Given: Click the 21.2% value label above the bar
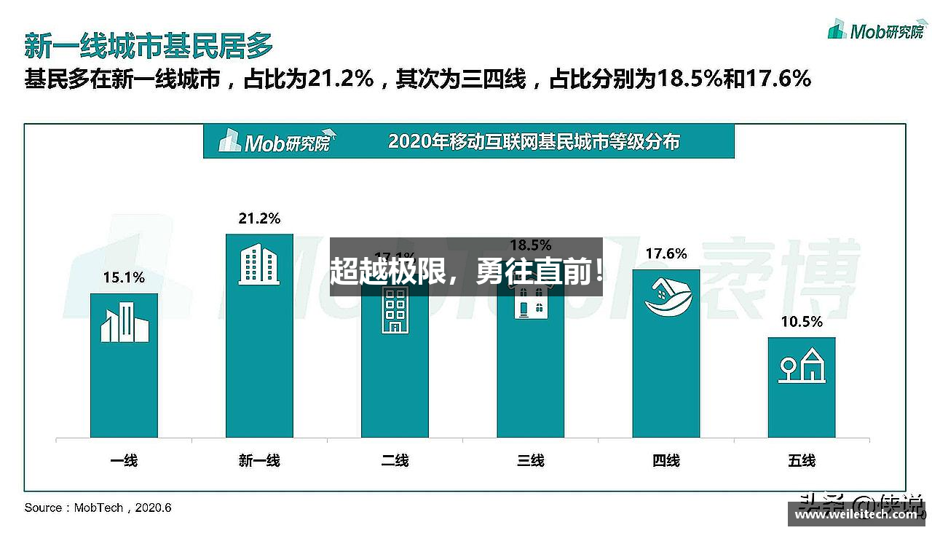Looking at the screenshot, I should point(259,218).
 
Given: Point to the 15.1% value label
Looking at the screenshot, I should point(124,277).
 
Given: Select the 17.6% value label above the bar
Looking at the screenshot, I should point(666,253).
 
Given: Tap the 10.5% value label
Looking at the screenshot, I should point(801,322).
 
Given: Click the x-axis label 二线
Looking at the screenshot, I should point(395,460).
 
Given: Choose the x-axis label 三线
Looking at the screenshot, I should point(530,460).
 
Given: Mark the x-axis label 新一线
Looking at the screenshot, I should point(259,460).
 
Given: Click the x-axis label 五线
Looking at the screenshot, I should point(801,460).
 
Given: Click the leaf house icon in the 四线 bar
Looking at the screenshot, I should point(666,299).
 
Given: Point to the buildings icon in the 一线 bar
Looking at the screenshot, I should point(124,323).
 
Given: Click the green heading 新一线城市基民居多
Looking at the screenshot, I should point(149,45).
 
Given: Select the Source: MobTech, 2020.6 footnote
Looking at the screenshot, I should point(98,508).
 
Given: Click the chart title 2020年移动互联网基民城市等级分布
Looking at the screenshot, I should point(534,141).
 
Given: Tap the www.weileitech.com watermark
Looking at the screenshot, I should point(856,515).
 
